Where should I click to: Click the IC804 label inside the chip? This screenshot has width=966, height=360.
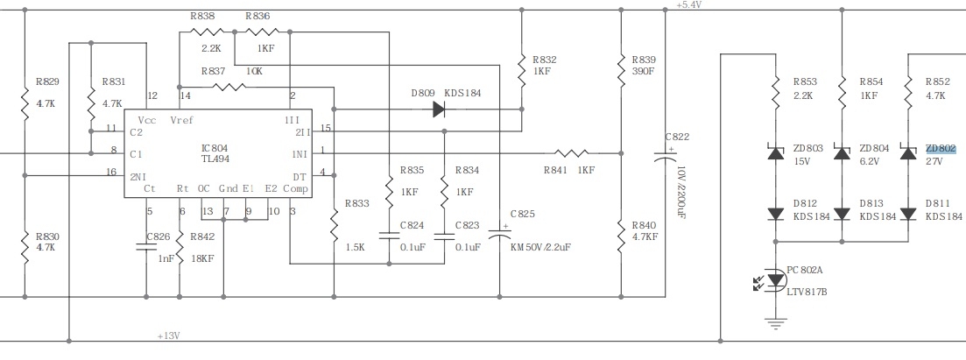click(215, 148)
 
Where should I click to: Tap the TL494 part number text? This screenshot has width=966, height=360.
click(215, 159)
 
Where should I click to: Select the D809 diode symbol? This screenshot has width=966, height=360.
click(439, 109)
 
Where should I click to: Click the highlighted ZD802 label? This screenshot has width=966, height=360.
click(941, 149)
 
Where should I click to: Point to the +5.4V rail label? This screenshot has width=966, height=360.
click(688, 4)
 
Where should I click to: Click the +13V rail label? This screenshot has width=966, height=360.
click(168, 336)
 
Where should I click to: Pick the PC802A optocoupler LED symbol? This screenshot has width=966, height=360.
click(776, 279)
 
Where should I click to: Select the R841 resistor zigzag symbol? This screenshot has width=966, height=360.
click(571, 153)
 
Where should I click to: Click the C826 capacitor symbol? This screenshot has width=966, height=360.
click(146, 247)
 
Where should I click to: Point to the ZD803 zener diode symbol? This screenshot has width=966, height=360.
click(776, 152)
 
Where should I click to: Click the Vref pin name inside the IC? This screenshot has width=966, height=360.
click(182, 120)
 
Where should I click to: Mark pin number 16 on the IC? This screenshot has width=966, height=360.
click(111, 172)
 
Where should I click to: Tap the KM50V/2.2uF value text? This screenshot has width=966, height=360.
click(541, 247)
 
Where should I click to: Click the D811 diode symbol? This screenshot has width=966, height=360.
click(908, 214)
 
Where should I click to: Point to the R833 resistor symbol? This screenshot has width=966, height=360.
click(334, 226)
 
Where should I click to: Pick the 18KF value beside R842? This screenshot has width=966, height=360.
click(202, 258)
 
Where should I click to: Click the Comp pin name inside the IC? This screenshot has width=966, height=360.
click(296, 188)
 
